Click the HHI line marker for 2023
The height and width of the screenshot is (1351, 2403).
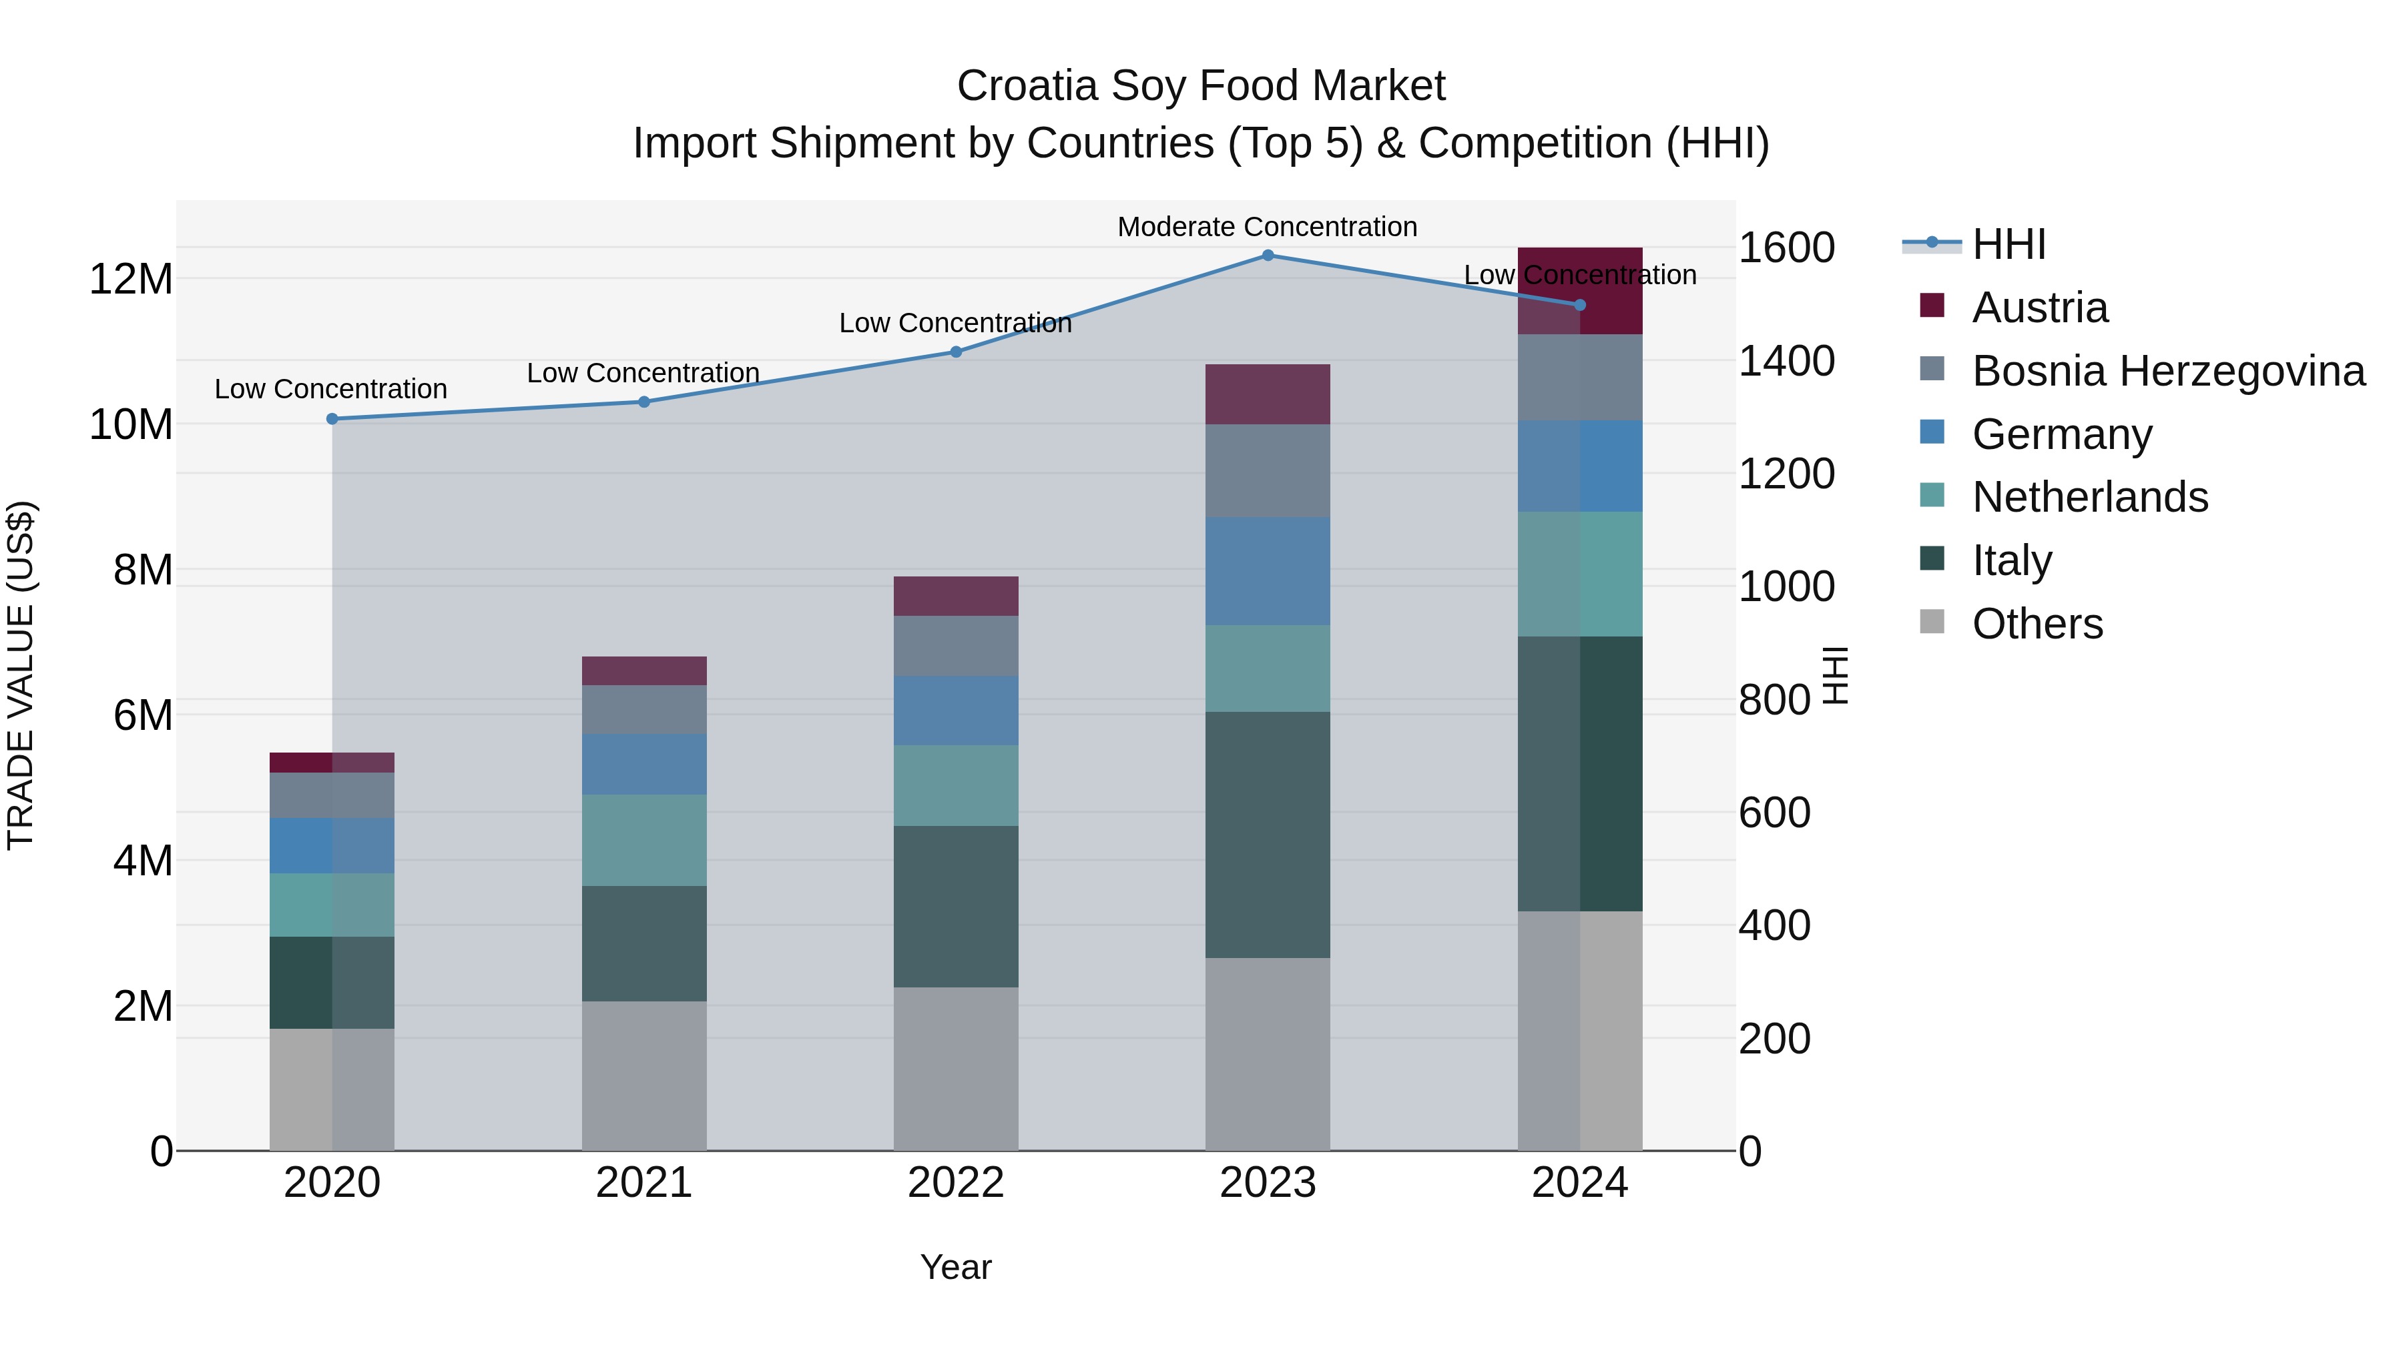pyautogui.click(x=1268, y=255)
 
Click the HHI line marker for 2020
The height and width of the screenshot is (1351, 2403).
pyautogui.click(x=332, y=418)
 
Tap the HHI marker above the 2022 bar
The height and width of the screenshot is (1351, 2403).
pyautogui.click(x=955, y=352)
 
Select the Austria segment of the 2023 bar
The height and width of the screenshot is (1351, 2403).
pyautogui.click(x=1268, y=394)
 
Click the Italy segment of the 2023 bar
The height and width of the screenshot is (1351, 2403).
pyautogui.click(x=1268, y=835)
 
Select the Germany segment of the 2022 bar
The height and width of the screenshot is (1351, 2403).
pyautogui.click(x=955, y=710)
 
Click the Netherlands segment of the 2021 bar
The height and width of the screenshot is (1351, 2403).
pyautogui.click(x=643, y=839)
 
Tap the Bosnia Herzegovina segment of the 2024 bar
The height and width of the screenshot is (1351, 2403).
pyautogui.click(x=1579, y=377)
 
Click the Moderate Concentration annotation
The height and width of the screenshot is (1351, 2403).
pyautogui.click(x=1267, y=227)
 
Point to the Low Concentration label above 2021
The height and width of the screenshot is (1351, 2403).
pyautogui.click(x=643, y=373)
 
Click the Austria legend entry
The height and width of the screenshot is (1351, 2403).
pyautogui.click(x=2039, y=308)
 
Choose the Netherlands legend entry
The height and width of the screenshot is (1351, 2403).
pyautogui.click(x=2089, y=497)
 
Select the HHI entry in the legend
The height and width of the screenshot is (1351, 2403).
pyautogui.click(x=2009, y=244)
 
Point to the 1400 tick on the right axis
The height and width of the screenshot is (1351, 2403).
pyautogui.click(x=1786, y=361)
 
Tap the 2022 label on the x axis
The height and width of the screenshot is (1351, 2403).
pyautogui.click(x=955, y=1183)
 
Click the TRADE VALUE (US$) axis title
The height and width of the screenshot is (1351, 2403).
pyautogui.click(x=21, y=675)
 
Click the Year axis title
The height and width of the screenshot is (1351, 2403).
pyautogui.click(x=955, y=1267)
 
